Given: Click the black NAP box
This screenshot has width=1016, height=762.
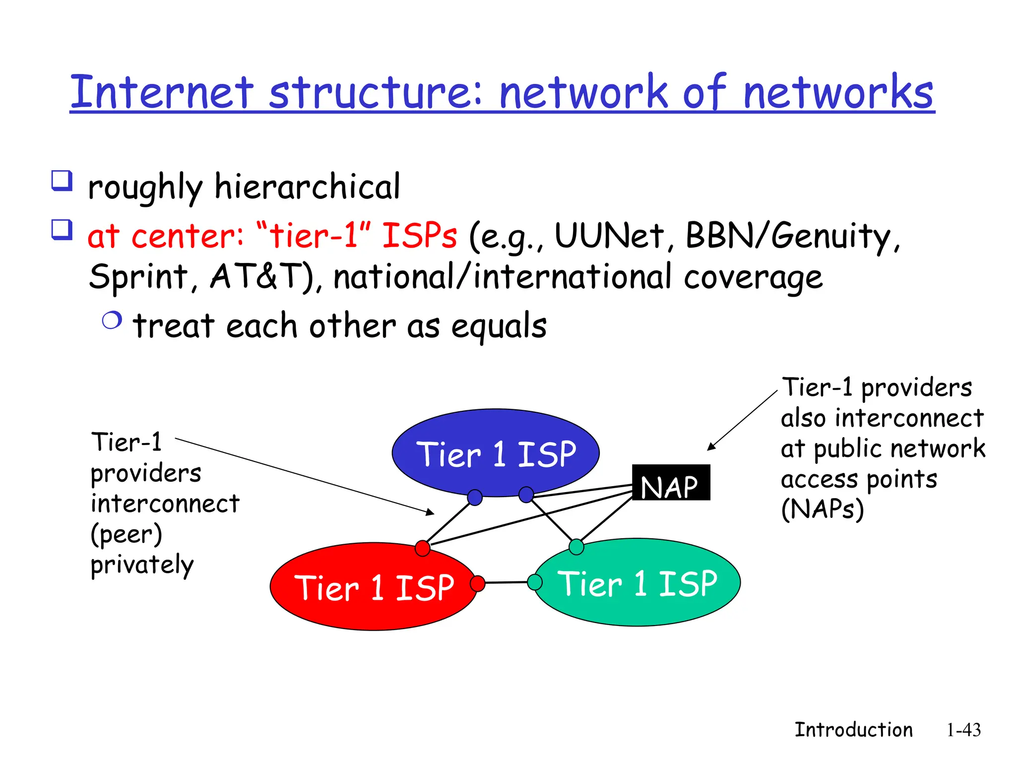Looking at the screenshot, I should point(671,482).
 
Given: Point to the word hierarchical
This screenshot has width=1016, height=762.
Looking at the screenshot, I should point(307,188).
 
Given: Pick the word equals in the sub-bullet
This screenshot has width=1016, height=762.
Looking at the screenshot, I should point(499,326).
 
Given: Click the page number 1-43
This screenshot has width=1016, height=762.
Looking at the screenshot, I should point(963,730).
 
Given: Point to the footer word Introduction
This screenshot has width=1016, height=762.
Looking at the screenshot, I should point(853,730).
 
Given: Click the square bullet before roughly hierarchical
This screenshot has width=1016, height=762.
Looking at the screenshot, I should point(62,181).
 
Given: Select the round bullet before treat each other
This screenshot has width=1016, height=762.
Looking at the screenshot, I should point(112,320).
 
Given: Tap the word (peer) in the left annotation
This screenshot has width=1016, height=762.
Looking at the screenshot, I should point(126,534).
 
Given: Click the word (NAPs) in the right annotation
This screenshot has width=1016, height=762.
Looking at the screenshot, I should point(822,509).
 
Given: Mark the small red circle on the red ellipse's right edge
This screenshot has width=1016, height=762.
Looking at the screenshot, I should point(477,583).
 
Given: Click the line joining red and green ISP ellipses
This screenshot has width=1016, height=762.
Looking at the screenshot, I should point(506,582).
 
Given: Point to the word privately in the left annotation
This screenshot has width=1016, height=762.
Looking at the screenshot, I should point(142,566).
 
